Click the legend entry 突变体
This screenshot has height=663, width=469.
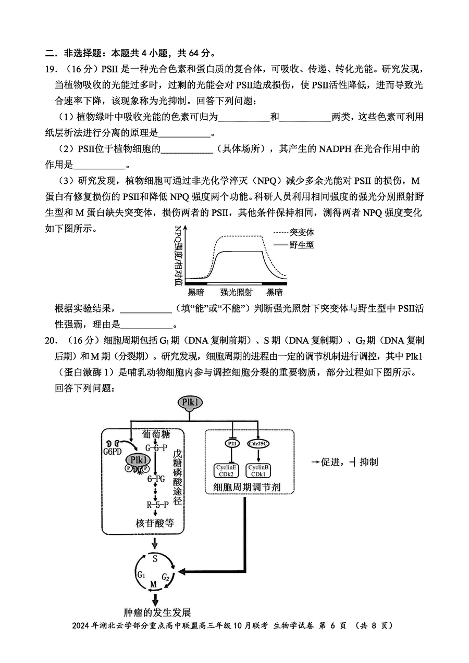point(301,232)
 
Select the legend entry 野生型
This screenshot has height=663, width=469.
point(301,245)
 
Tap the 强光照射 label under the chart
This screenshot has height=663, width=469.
point(236,292)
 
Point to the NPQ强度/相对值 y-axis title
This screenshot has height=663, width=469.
point(178,256)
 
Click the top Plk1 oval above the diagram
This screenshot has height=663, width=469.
point(190,403)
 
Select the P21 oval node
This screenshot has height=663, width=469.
point(232,444)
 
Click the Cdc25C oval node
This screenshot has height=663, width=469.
point(258,444)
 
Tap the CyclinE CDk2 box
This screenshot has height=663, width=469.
point(226,471)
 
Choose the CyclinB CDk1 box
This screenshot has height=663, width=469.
point(258,471)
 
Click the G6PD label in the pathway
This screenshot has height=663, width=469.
point(112,452)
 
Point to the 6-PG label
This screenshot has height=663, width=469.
point(156,479)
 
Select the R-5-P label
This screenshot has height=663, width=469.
point(157,505)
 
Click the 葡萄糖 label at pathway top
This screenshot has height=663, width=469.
point(156,434)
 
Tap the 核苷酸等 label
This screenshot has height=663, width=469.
point(155,523)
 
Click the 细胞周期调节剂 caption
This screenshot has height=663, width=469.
point(246,487)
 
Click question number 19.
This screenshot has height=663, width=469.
point(51,69)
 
